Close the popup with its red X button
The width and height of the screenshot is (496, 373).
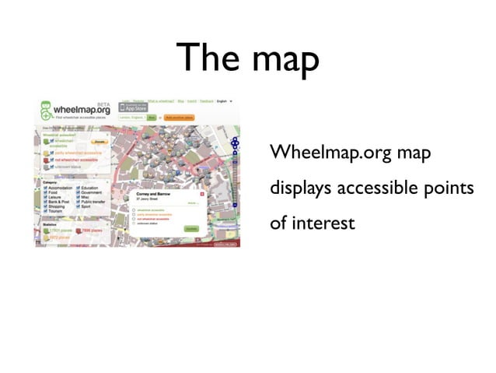pyautogui.click(x=202, y=192)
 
